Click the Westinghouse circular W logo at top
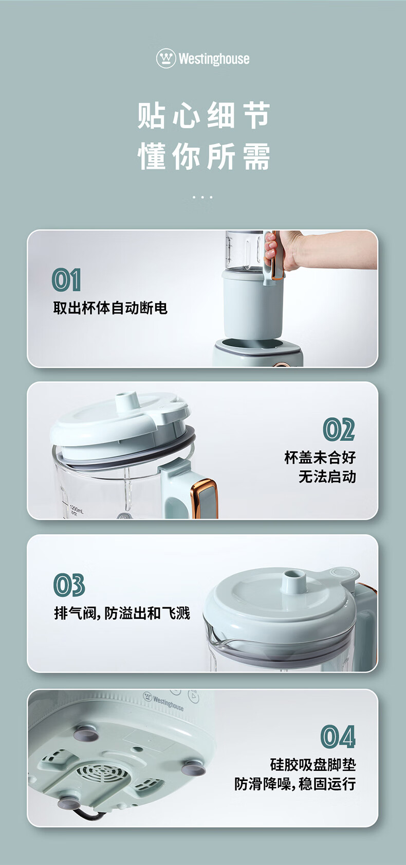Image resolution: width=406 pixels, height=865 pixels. click(166, 58)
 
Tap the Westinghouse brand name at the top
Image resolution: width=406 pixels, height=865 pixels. click(214, 59)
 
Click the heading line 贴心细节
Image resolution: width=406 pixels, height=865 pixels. click(203, 115)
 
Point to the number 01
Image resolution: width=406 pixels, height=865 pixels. click(66, 280)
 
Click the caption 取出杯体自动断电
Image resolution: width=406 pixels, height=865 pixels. click(110, 308)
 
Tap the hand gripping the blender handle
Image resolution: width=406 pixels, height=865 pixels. click(308, 250)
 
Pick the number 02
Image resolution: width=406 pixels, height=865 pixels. click(339, 429)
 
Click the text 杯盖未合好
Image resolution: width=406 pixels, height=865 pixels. click(320, 457)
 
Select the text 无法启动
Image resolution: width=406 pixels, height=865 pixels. click(327, 477)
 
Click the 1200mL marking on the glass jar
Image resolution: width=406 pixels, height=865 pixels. click(77, 509)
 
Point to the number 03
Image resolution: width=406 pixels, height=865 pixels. click(69, 586)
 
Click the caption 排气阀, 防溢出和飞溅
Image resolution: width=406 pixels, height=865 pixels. click(122, 613)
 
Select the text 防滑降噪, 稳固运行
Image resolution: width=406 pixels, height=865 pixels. click(296, 784)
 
